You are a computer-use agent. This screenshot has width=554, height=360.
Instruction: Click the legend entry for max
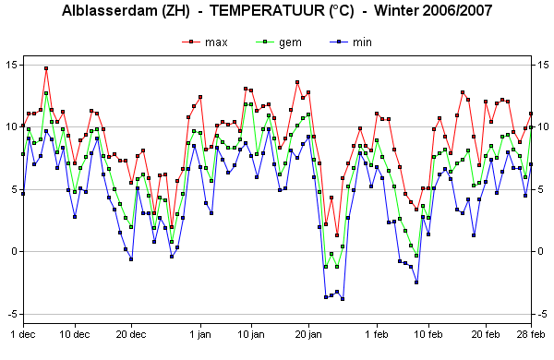click(205, 42)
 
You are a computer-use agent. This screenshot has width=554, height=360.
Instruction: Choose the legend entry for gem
click(279, 42)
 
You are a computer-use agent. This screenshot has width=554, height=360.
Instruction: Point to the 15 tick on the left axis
click(11, 65)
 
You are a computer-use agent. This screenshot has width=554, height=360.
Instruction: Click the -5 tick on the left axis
click(10, 314)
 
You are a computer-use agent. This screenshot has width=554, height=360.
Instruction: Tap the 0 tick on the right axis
click(540, 252)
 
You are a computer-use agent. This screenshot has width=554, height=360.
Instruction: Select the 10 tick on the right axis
click(544, 126)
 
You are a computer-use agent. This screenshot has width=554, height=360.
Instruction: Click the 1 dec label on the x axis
click(23, 334)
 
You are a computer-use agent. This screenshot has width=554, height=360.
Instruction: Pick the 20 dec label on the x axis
click(131, 334)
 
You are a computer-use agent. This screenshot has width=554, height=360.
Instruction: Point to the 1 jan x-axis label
click(200, 334)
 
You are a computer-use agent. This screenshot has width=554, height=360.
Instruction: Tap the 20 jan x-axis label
click(308, 334)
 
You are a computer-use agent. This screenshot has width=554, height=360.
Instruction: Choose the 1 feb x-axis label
click(377, 334)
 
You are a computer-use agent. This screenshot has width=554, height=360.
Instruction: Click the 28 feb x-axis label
click(531, 334)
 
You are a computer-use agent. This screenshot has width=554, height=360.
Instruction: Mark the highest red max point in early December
click(46, 68)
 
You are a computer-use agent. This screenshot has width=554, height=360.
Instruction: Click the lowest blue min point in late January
click(343, 299)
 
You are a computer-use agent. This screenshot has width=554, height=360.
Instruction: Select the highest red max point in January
click(297, 82)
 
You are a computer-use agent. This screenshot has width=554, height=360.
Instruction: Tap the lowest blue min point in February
click(416, 282)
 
